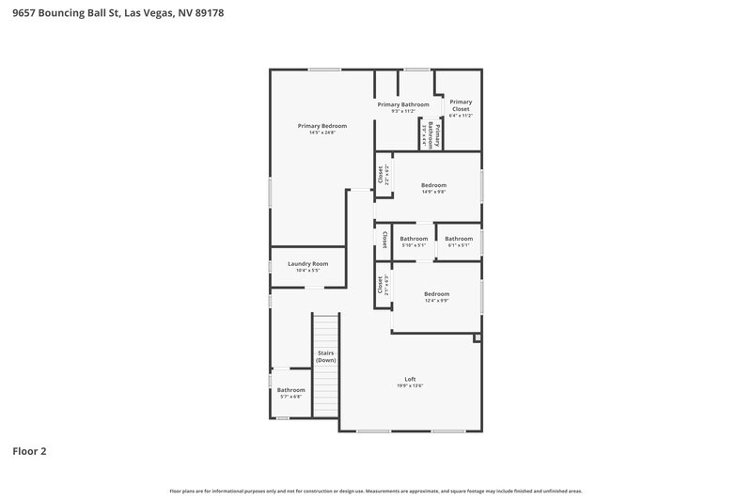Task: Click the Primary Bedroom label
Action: click(x=322, y=126)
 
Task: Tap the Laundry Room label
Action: click(x=307, y=264)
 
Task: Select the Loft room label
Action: click(x=410, y=379)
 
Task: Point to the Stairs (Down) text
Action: click(x=325, y=357)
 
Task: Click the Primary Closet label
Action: click(x=461, y=105)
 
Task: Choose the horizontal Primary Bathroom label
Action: click(x=403, y=104)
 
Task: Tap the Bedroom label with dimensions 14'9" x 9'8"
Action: click(x=433, y=185)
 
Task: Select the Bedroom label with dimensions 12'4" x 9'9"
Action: click(x=437, y=293)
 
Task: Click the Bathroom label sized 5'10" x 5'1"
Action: click(x=414, y=239)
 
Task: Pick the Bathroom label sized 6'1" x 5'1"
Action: click(x=459, y=239)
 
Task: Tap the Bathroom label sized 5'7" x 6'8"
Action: click(x=290, y=389)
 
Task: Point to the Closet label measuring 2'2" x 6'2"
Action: click(x=381, y=175)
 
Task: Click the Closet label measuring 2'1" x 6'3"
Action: click(x=380, y=285)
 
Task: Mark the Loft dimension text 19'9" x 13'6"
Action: click(x=410, y=386)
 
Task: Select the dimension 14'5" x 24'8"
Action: click(x=322, y=133)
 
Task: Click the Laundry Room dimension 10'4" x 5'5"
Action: click(x=307, y=271)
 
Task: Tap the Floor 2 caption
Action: click(x=29, y=451)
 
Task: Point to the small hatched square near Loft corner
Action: click(x=478, y=336)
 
